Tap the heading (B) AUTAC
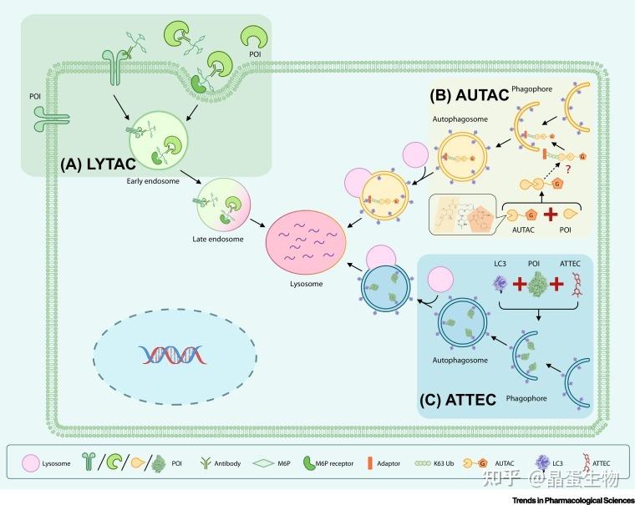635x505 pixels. tap(469, 95)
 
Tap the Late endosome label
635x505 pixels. tap(216, 240)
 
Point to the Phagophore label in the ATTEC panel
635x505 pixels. tap(526, 398)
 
